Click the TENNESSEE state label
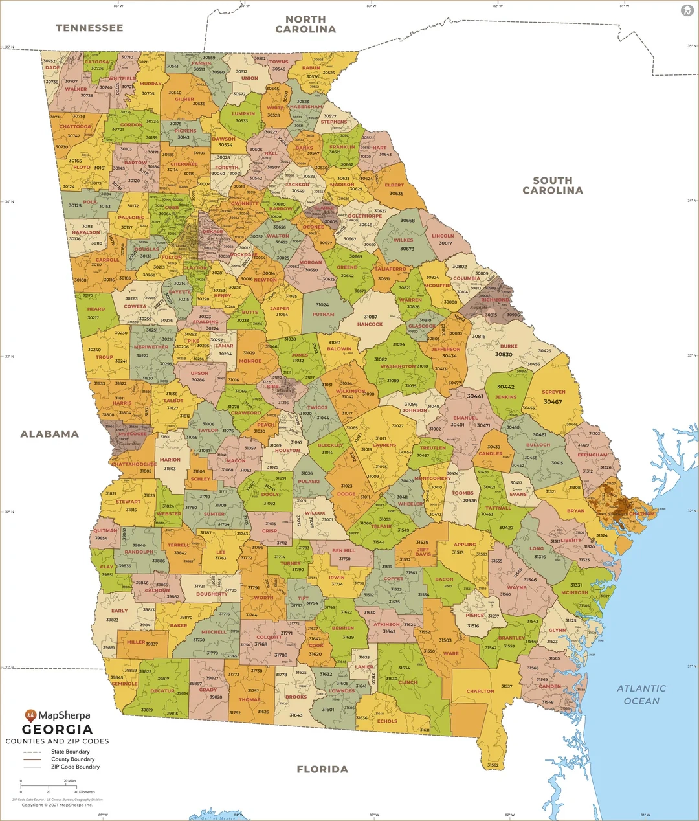click(x=89, y=28)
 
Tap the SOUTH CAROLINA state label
click(x=553, y=185)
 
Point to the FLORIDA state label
click(x=322, y=769)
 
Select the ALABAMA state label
click(x=50, y=434)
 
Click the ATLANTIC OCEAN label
click(x=641, y=694)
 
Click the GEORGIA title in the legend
click(x=58, y=729)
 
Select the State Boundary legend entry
click(x=70, y=752)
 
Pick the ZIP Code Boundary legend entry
click(x=75, y=767)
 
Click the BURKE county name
click(x=509, y=346)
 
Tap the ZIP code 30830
click(x=504, y=354)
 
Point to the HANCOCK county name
click(x=370, y=324)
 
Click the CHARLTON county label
click(x=480, y=691)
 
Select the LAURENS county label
click(x=384, y=445)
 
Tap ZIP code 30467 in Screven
click(x=553, y=402)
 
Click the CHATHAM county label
click(x=642, y=513)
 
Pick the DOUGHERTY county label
click(x=212, y=594)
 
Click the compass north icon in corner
click(x=687, y=10)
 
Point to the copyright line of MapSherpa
click(x=57, y=805)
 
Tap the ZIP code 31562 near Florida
click(x=493, y=765)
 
